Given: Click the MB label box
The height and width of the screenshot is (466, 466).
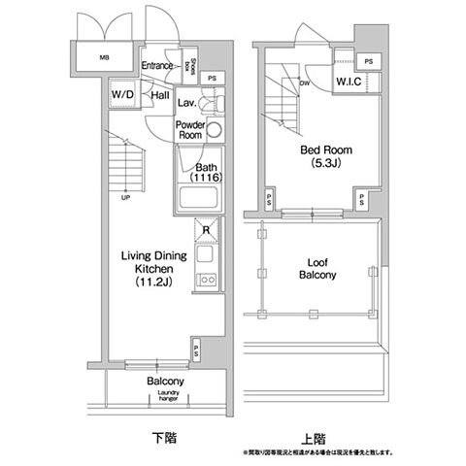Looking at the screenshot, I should pos(105,57).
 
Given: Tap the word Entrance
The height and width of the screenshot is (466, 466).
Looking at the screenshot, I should pos(156,66).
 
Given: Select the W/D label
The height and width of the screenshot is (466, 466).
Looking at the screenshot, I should pos(122,94).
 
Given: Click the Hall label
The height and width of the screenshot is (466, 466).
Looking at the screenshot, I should pos(160,95).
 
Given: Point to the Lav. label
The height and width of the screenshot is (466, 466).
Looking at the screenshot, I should pos(188,102).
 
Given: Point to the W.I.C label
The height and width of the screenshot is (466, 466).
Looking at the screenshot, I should pos(350,83).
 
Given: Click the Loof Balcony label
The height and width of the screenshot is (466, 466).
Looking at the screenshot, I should pos(316,268).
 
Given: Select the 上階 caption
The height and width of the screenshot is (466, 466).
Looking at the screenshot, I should pos(315,438).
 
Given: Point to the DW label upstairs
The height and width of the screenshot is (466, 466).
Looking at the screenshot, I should pos(305,83).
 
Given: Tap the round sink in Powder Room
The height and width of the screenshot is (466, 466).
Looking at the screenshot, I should pos(214,132).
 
